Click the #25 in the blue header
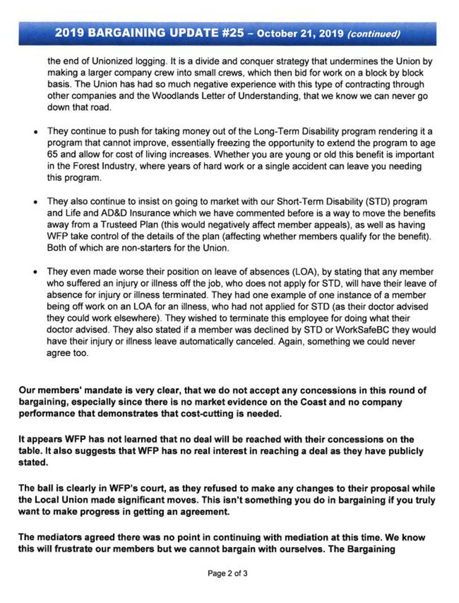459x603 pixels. point(232,33)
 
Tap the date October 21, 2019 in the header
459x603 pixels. point(300,33)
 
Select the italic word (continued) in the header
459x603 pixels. point(373,34)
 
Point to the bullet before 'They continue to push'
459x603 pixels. point(35,132)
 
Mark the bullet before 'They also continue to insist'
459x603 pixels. point(35,202)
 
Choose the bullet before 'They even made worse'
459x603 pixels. point(35,272)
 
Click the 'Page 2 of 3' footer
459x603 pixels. point(228,573)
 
